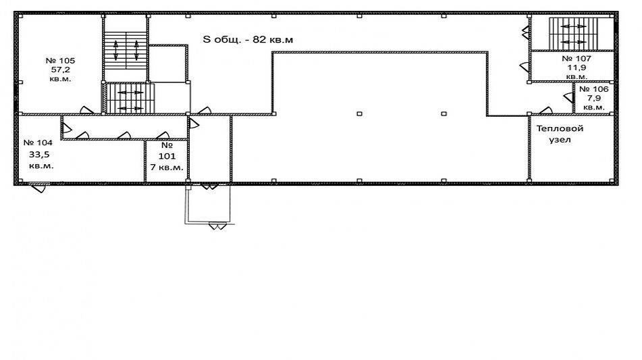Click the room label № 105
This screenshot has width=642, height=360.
60,61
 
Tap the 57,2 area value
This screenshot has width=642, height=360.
61,70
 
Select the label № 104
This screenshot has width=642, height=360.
38,143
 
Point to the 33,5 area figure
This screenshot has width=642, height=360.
39,155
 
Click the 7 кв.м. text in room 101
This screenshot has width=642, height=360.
167,167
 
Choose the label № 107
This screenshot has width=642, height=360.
577,59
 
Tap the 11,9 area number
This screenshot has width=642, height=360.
577,68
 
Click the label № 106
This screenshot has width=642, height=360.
593,89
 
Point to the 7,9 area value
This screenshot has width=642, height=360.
593,99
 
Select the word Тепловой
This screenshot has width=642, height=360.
560,128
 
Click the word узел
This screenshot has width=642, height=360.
560,140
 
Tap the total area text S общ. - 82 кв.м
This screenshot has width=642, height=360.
248,40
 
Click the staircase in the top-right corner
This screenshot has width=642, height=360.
573,34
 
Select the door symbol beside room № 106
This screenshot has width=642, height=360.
568,97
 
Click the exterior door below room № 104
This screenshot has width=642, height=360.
40,188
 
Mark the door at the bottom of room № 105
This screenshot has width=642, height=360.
86,110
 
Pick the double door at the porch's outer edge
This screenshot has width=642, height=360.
217,226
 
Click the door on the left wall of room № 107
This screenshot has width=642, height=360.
525,67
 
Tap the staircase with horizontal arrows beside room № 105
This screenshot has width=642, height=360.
130,99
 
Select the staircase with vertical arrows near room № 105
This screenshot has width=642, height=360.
126,50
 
